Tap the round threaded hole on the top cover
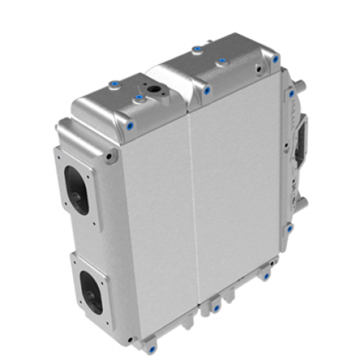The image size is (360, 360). pos(155,90)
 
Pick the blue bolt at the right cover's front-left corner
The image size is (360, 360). pos(207,91)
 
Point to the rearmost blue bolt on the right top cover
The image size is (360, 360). pos(196,50)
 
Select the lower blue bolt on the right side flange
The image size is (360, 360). pos(289,229)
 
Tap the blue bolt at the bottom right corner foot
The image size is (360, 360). pos(267,274)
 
